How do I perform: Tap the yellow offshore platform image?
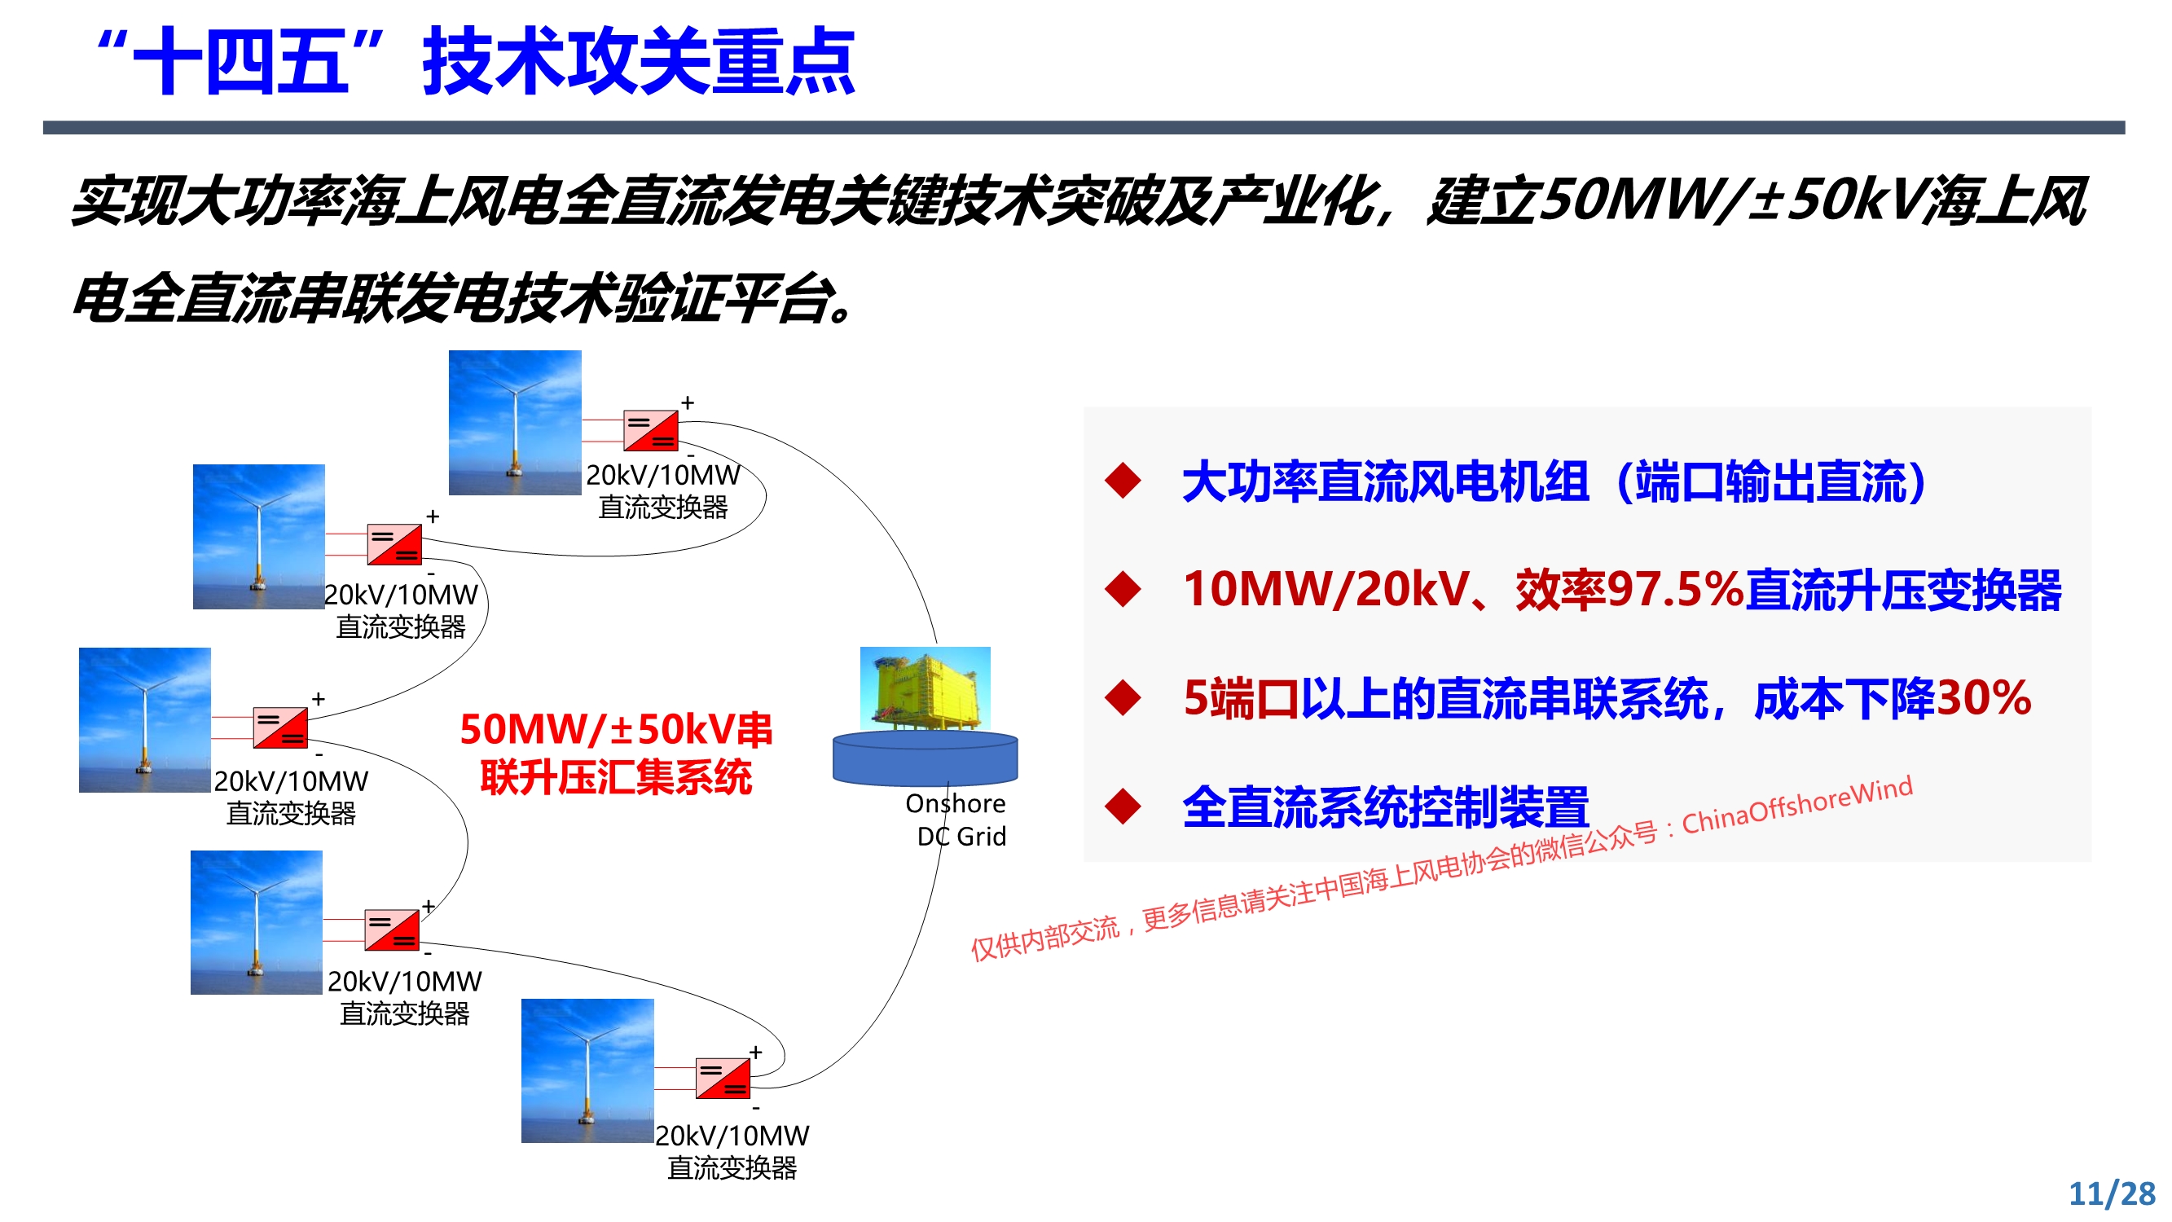tap(925, 690)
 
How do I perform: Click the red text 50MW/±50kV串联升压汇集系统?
tap(616, 753)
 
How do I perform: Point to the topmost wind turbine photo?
tap(515, 423)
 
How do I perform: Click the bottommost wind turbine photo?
tap(587, 1071)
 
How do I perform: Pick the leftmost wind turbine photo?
tap(145, 720)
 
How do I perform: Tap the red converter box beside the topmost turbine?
tap(651, 431)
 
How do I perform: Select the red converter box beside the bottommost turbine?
tap(723, 1078)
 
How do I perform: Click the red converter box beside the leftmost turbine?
tap(281, 727)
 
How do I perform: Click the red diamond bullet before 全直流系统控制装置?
tap(1123, 807)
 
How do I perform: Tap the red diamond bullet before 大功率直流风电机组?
tap(1123, 481)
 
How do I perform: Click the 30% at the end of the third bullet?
tap(1983, 698)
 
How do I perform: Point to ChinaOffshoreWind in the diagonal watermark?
tap(1797, 806)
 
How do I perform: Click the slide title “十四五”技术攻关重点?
tap(477, 62)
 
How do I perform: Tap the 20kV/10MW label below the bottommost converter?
tap(732, 1136)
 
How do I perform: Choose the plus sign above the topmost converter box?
tap(688, 403)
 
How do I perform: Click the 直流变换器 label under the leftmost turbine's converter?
tap(291, 814)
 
